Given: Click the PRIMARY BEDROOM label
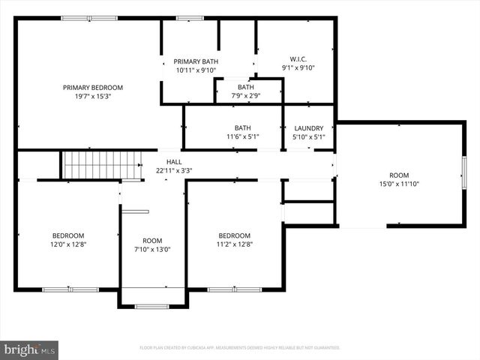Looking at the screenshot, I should (92, 88).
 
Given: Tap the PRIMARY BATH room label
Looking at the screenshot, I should (196, 61).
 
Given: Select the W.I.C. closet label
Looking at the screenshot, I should (298, 58).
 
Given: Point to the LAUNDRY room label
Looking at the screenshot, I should (308, 127).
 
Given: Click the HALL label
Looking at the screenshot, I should (174, 161).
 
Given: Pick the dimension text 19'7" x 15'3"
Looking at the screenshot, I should (92, 97).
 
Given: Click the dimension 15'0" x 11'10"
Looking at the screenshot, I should (398, 183).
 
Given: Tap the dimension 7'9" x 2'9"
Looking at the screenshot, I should (246, 95).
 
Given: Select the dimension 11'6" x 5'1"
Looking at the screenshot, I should (242, 136).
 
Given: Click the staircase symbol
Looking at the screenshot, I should (100, 164).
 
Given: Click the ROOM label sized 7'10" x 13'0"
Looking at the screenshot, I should (152, 240).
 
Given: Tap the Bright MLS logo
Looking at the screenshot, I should (30, 349).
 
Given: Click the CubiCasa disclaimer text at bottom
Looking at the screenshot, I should (240, 348).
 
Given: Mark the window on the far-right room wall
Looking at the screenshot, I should (463, 172).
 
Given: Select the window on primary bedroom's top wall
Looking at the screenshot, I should (89, 18).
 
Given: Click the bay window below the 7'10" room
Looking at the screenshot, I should (152, 306).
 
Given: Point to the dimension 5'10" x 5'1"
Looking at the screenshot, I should (308, 136).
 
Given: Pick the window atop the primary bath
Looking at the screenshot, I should (190, 18).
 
